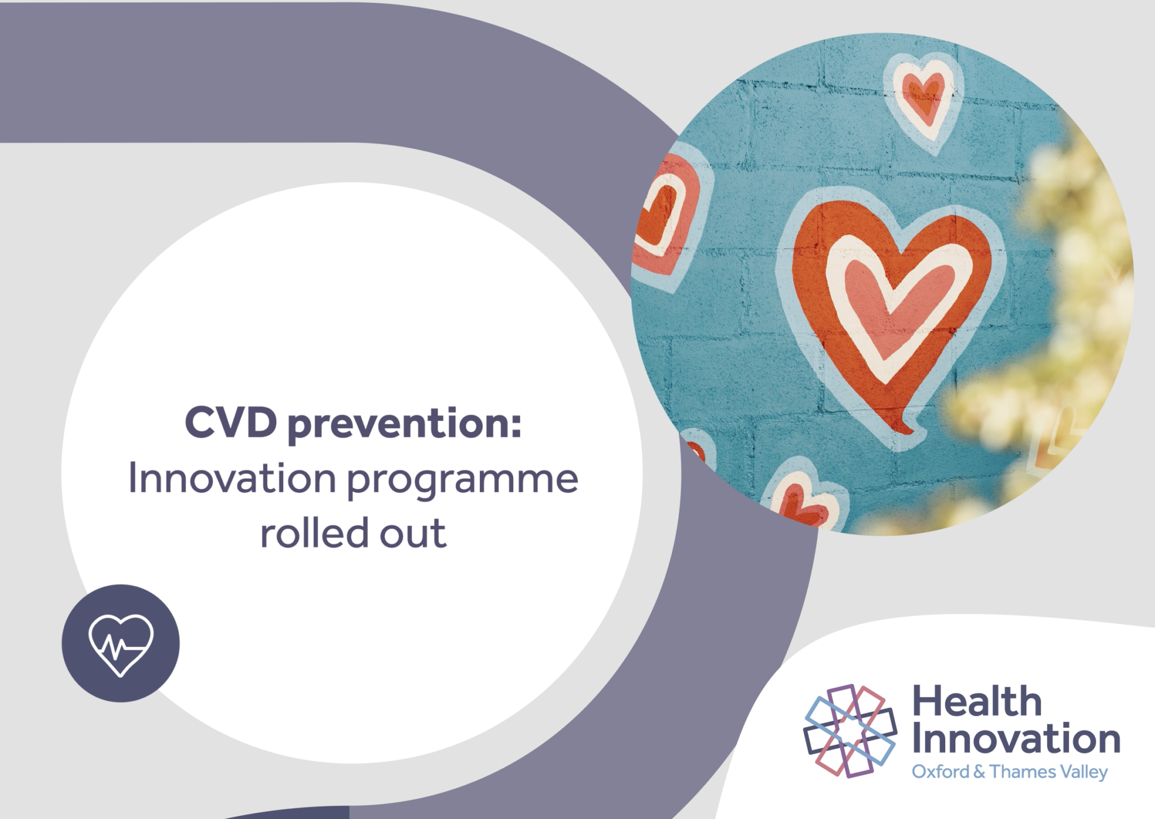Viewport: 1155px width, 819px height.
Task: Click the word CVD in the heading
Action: (x=231, y=422)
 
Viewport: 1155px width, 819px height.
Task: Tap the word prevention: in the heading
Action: (x=404, y=424)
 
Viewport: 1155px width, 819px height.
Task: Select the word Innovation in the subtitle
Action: (x=232, y=478)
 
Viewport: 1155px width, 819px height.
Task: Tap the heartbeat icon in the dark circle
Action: (x=121, y=644)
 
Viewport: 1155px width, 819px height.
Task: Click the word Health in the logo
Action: (x=977, y=702)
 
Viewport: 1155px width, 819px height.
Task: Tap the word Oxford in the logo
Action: (x=940, y=772)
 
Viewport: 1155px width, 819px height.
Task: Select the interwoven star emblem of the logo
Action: (x=850, y=730)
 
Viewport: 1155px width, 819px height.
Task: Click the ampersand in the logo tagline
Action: (x=979, y=772)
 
